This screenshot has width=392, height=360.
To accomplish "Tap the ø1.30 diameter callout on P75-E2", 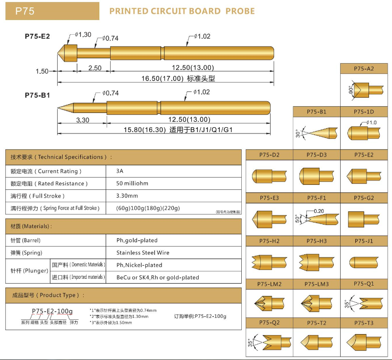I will pyautogui.click(x=84, y=35).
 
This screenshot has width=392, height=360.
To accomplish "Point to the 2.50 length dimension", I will pyautogui.click(x=94, y=67).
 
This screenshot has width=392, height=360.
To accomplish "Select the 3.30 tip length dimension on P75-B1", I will pyautogui.click(x=83, y=119).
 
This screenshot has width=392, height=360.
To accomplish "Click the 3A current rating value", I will pyautogui.click(x=120, y=171).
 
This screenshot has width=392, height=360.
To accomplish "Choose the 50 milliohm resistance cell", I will pyautogui.click(x=132, y=183).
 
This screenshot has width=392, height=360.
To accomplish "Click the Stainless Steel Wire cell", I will pyautogui.click(x=143, y=253).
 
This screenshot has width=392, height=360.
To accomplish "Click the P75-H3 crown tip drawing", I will pyautogui.click(x=316, y=261).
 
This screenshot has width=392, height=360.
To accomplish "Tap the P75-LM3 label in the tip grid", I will pyautogui.click(x=317, y=284).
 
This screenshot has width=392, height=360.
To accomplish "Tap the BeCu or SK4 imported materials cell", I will pyautogui.click(x=158, y=277).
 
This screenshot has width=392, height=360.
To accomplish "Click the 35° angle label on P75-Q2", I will pyautogui.click(x=252, y=342).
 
